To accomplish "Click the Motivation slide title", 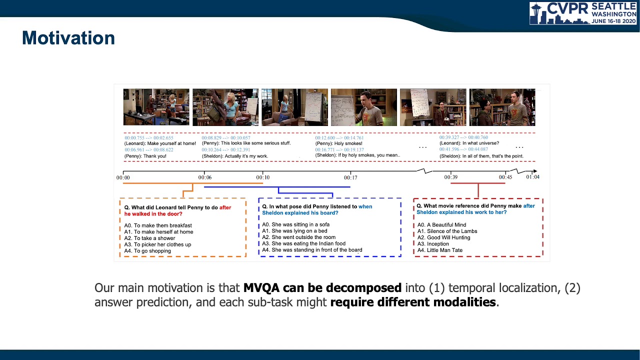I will coord(68,38).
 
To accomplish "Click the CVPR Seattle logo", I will coord(583,13).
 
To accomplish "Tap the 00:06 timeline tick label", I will coord(204,177).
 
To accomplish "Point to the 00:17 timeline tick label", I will coord(350,177).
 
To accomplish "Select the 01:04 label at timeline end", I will coord(532,177).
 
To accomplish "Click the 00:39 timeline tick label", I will coord(450,177).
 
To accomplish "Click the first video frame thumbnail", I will coord(156,107).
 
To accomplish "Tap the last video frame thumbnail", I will coord(502,107).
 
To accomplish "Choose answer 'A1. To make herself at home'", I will coord(158,232).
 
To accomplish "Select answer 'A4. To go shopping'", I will coord(147,251).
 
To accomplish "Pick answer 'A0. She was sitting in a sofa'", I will coord(295,225).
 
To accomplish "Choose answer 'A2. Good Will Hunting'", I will coord(443,237).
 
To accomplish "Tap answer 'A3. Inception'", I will coord(433,244).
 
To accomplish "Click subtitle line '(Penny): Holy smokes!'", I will coord(338,143).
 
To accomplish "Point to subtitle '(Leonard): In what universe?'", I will coord(469,143).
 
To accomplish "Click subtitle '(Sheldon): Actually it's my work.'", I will coord(234,156).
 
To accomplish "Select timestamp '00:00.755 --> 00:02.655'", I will coord(149,138).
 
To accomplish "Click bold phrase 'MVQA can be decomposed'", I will coord(322,288).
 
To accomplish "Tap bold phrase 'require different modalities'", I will coord(413,302).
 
